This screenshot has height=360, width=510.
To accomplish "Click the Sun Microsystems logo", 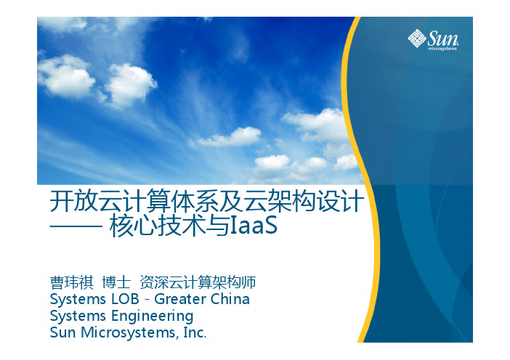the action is (433, 40).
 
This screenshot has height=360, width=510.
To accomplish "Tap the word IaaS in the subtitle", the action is (254, 226).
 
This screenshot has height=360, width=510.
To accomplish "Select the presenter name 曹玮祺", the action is (71, 282).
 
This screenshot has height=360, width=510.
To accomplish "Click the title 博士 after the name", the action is (116, 282).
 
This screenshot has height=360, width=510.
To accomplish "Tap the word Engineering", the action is (153, 316).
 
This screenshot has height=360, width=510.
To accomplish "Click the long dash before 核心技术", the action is (76, 226).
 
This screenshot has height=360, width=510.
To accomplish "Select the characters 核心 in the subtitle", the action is (134, 226).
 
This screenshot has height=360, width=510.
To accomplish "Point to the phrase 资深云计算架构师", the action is (198, 282).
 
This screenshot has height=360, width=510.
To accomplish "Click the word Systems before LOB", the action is (78, 300).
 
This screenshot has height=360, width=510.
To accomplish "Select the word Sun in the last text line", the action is (63, 332).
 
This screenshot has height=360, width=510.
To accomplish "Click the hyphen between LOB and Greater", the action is (147, 300).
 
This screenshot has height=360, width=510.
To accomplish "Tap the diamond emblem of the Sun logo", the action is (417, 38).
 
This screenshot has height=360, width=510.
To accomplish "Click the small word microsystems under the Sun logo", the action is (442, 49).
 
